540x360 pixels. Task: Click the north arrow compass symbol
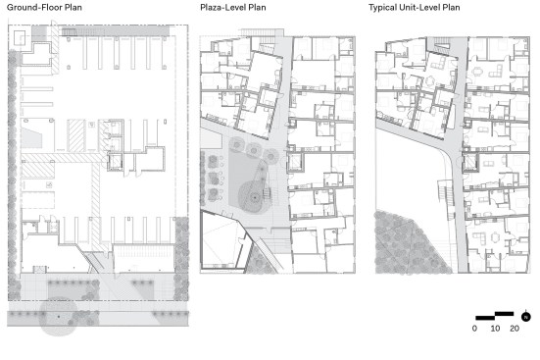pyautogui.click(x=525, y=316)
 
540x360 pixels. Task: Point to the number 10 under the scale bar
pyautogui.click(x=495, y=329)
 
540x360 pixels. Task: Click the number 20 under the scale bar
pyautogui.click(x=515, y=329)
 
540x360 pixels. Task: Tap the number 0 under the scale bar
pyautogui.click(x=474, y=329)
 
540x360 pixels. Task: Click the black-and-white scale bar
pyautogui.click(x=495, y=316)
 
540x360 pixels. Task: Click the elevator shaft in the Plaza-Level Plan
pyautogui.click(x=296, y=162)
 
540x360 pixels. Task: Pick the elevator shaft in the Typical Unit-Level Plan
pyautogui.click(x=470, y=162)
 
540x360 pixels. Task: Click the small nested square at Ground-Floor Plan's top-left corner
pyautogui.click(x=20, y=38)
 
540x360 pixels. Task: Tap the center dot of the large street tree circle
pyautogui.click(x=59, y=316)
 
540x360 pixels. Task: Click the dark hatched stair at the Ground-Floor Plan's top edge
pyautogui.click(x=69, y=32)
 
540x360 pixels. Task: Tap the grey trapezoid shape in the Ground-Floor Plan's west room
pyautogui.click(x=32, y=138)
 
